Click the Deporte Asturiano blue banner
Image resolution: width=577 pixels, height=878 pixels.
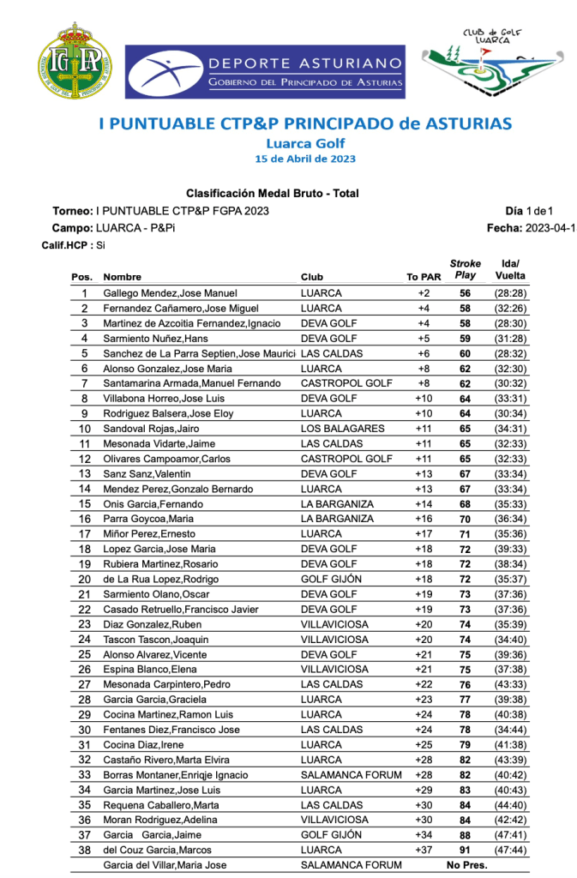pos(266,72)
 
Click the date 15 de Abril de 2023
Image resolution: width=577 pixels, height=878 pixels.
pos(305,159)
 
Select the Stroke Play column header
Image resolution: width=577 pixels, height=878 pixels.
pos(465,269)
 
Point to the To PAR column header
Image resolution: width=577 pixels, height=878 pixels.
pos(424,277)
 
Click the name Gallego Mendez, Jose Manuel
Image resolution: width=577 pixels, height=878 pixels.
pos(170,293)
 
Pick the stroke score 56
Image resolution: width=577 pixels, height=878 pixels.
pos(466,293)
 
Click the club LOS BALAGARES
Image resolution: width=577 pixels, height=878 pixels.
pos(337,429)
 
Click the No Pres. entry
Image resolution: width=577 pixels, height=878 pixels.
pos(466,865)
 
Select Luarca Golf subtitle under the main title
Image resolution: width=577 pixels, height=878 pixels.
pos(305,144)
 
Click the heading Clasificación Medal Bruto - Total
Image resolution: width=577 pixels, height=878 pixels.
pos(272,194)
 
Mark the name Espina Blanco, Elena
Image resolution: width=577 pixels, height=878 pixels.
pos(147,670)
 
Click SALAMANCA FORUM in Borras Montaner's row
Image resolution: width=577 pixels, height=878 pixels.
pos(351,775)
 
